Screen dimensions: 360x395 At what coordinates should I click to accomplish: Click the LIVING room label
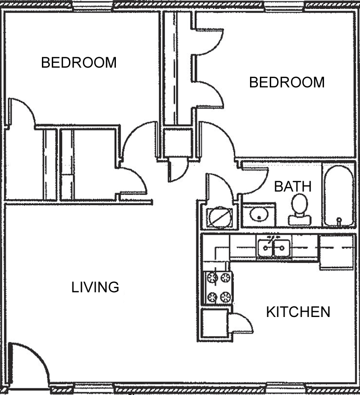click(x=95, y=287)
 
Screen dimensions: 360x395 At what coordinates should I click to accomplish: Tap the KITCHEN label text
click(x=298, y=312)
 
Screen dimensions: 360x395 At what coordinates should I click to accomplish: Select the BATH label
click(x=293, y=187)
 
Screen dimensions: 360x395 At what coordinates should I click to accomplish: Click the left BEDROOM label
click(x=79, y=63)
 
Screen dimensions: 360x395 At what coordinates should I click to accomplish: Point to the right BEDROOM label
click(x=287, y=82)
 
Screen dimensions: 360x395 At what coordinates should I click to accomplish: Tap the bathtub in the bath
click(x=339, y=196)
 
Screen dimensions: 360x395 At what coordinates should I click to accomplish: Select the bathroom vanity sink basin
click(x=259, y=214)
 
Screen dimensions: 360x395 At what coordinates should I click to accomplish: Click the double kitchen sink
click(x=274, y=248)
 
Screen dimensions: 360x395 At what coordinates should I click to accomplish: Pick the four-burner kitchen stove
click(x=218, y=288)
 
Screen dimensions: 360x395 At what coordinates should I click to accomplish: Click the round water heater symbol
click(x=220, y=217)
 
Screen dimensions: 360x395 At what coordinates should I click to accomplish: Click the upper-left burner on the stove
click(x=212, y=277)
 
